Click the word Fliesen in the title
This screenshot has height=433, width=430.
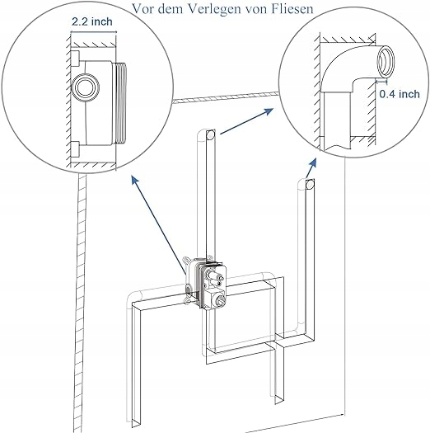click(x=292, y=8)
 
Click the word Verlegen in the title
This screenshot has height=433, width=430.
click(x=215, y=8)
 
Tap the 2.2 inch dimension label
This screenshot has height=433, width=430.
click(x=92, y=21)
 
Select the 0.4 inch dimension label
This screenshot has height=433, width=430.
click(x=400, y=94)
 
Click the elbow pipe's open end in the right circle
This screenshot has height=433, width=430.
click(x=386, y=62)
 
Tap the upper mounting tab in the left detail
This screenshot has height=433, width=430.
click(x=75, y=59)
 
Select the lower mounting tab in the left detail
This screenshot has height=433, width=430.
click(x=75, y=149)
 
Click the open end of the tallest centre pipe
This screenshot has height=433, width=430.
click(x=211, y=134)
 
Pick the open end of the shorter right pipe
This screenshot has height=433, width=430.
click(x=310, y=184)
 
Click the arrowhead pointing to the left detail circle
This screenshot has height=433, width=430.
click(x=135, y=180)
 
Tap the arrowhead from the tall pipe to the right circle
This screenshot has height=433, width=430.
click(x=268, y=111)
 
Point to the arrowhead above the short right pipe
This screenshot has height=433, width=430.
click(x=313, y=162)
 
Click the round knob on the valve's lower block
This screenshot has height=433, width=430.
click(x=219, y=300)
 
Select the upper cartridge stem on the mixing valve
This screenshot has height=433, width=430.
click(x=214, y=275)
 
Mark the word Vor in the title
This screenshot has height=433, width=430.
click(x=144, y=8)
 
